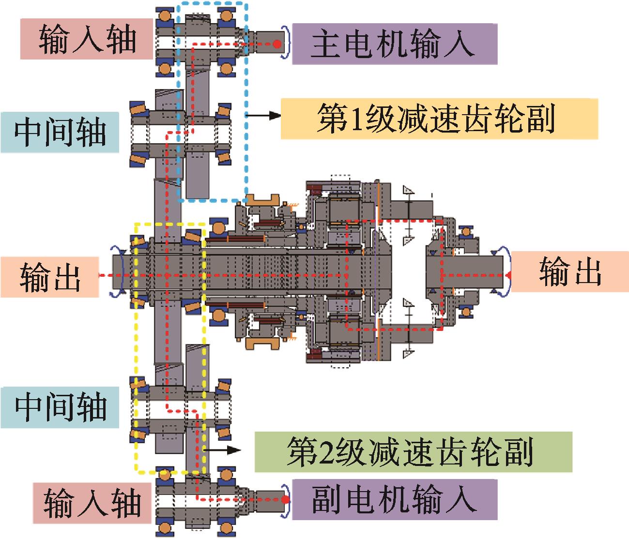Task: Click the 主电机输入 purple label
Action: point(395,44)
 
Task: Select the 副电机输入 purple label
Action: point(395,499)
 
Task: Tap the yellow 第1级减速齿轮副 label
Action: point(439,119)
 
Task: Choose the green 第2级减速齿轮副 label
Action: point(413,451)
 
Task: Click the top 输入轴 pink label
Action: point(86,39)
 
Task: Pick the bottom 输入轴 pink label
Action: point(92,503)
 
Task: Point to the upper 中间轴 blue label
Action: point(60,132)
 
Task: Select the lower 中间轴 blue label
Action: point(60,407)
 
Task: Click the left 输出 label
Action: point(49,277)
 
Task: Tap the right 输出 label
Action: point(569,271)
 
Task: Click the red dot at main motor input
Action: point(277,44)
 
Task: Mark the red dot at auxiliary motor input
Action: point(285,499)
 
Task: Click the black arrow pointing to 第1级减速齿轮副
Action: point(263,115)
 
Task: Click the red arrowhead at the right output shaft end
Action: point(508,275)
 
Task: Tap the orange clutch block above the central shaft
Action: point(262,200)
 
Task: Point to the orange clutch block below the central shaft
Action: point(262,344)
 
